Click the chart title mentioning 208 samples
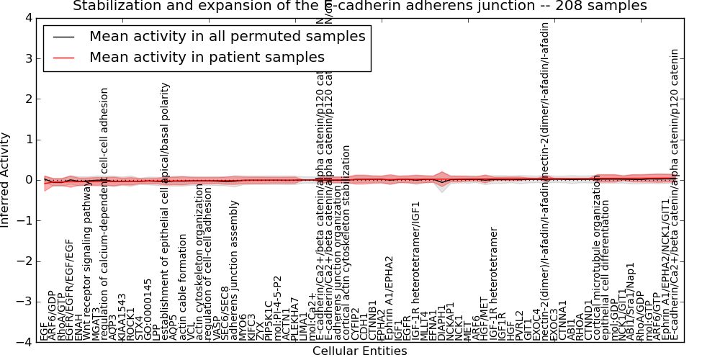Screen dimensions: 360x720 (360, 6)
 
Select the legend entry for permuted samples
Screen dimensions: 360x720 (227, 37)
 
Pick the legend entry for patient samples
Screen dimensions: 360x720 (207, 57)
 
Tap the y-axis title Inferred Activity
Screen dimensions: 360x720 (6, 180)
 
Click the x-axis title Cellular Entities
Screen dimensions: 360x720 (359, 351)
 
